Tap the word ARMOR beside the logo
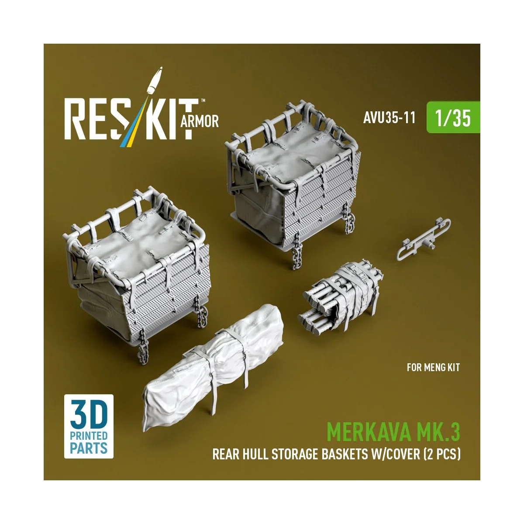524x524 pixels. coord(199,121)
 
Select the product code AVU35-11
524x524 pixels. coord(389,118)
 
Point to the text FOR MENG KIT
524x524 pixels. coord(433,367)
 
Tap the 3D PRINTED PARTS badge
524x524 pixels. coord(89,426)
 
